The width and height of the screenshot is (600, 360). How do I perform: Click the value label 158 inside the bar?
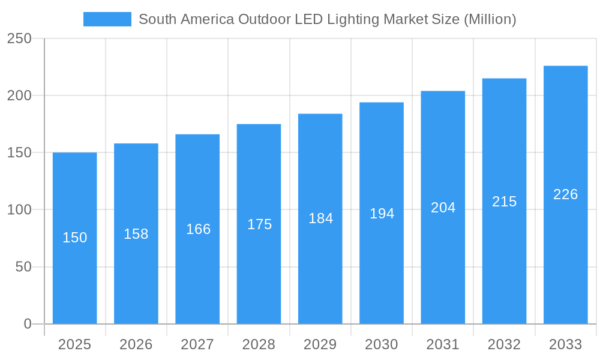pyautogui.click(x=136, y=234)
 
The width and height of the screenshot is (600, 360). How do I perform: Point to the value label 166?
pyautogui.click(x=198, y=229)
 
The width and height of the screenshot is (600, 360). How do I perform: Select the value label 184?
pyautogui.click(x=320, y=218)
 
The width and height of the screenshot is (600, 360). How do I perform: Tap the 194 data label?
pyautogui.click(x=382, y=213)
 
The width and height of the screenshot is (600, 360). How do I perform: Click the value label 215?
pyautogui.click(x=504, y=202)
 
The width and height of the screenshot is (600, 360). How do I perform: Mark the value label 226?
pyautogui.click(x=565, y=194)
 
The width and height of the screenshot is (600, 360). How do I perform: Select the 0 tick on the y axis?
pyautogui.click(x=28, y=324)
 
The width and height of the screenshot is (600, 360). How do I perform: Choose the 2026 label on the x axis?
pyautogui.click(x=136, y=344)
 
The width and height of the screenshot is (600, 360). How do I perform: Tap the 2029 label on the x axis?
pyautogui.click(x=320, y=344)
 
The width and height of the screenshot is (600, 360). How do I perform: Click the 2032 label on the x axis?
pyautogui.click(x=504, y=344)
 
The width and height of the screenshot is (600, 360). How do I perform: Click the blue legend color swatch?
pyautogui.click(x=107, y=19)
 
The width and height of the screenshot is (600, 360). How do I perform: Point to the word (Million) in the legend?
pyautogui.click(x=490, y=19)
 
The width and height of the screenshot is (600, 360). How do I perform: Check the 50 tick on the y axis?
pyautogui.click(x=23, y=267)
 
